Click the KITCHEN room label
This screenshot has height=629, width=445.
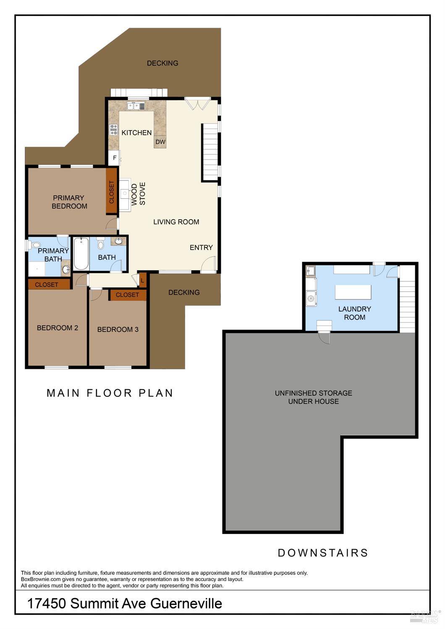point(136,133)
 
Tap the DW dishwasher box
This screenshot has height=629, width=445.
point(160,142)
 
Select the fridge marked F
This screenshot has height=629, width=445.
point(114,158)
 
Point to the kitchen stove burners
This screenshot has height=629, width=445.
point(114,129)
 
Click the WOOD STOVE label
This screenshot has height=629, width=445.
point(138,194)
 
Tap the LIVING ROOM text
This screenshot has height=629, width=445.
point(176,222)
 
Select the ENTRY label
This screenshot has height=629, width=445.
point(201,247)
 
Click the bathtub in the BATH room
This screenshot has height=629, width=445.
point(81,254)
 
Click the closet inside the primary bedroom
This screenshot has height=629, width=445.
point(112,191)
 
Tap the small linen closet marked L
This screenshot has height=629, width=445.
point(143,280)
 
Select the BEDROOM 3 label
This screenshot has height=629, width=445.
point(118,329)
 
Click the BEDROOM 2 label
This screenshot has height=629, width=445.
point(57,328)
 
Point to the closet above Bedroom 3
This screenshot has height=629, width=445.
point(128,295)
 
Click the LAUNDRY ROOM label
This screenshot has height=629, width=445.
point(355,313)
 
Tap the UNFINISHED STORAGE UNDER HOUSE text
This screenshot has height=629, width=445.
point(313,397)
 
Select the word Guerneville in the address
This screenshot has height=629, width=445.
point(186,603)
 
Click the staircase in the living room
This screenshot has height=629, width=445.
point(210,152)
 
